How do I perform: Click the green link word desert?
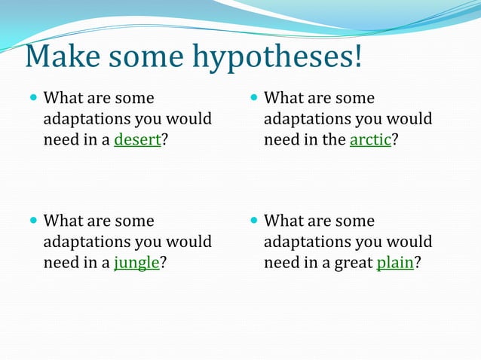[x=137, y=141]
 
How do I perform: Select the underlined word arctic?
[x=370, y=141]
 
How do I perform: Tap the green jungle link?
[x=136, y=264]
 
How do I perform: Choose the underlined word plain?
[x=394, y=264]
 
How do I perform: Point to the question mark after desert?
[x=165, y=141]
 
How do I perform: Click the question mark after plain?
[x=417, y=264]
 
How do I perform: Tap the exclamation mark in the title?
[x=355, y=58]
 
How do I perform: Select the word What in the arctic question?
[x=283, y=99]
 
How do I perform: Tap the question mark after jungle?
[x=164, y=264]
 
